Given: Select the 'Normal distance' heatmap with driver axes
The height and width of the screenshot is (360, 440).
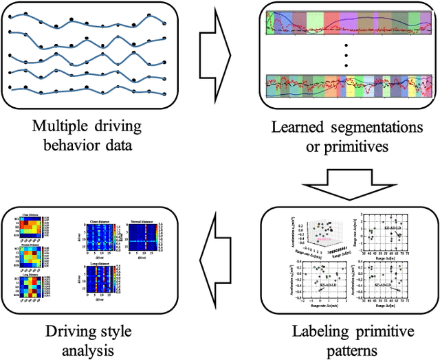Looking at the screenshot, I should (142, 237).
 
